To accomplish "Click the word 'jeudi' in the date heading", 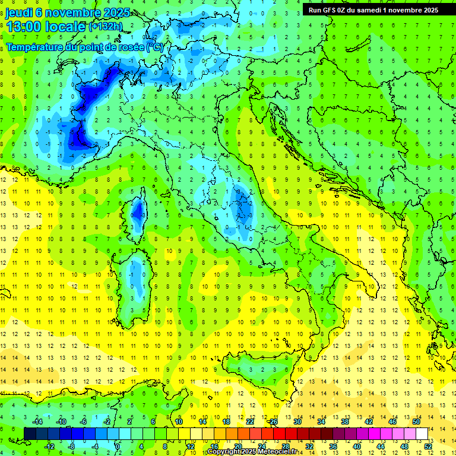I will [19, 12].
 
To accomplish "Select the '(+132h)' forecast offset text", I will [106, 27].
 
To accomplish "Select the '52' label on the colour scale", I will [427, 446].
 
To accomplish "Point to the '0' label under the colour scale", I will [118, 446].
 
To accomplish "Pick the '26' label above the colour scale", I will [273, 422].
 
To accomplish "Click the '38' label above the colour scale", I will [344, 422].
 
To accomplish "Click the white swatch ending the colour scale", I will [422, 433].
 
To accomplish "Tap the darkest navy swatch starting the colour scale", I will [30, 433].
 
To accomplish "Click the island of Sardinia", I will [137, 276].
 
